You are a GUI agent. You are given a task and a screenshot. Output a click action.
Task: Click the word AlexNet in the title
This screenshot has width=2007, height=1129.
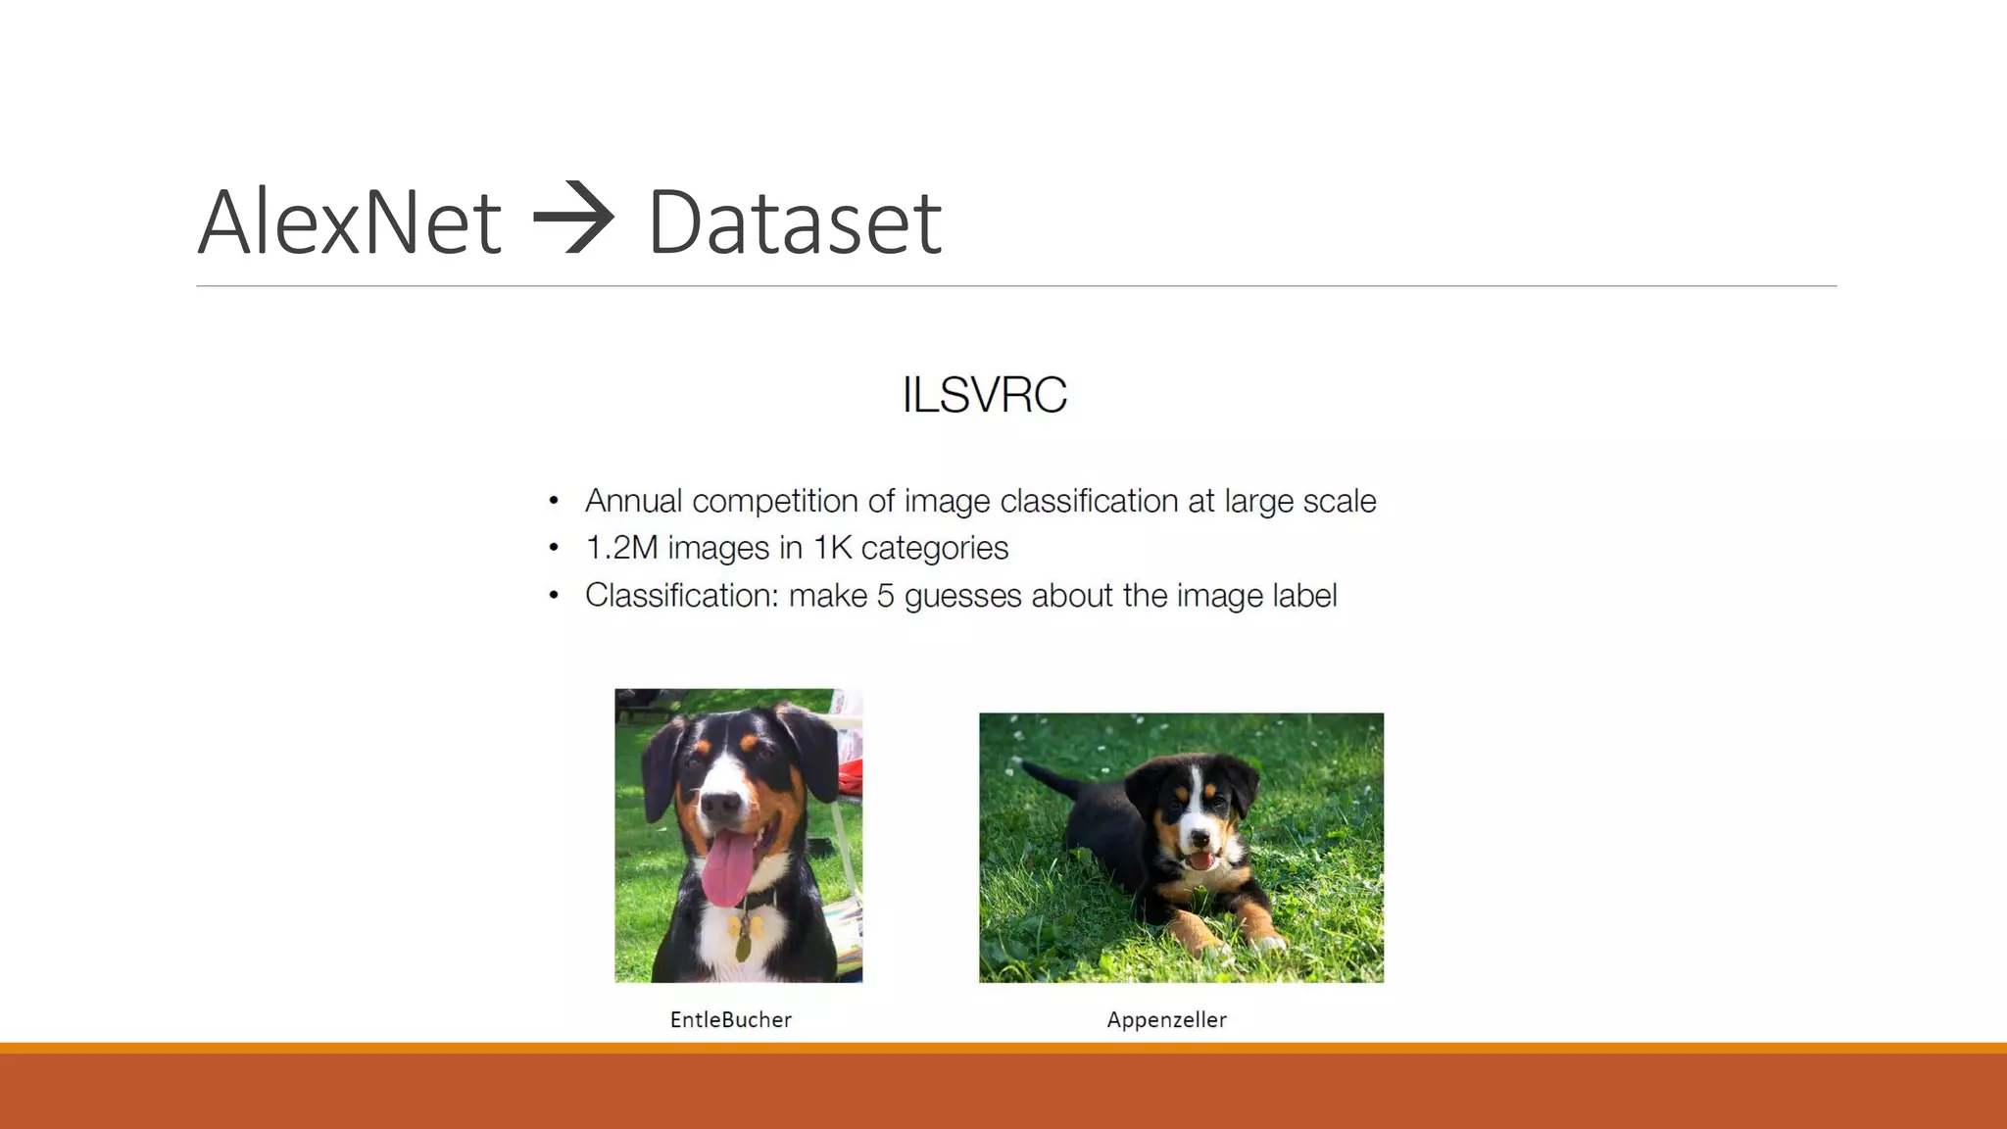click(350, 222)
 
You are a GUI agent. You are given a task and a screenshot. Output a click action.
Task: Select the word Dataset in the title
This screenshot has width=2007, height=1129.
click(794, 222)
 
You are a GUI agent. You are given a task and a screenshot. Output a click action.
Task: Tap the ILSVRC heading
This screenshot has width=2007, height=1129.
click(984, 395)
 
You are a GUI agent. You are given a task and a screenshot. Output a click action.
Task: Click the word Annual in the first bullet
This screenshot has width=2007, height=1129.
click(633, 501)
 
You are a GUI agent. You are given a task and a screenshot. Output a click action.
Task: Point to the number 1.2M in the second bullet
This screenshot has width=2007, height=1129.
click(621, 547)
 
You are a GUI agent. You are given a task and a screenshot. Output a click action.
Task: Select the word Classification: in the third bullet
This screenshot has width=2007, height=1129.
click(681, 595)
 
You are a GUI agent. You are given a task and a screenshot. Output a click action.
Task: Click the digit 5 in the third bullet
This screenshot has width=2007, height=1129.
click(885, 595)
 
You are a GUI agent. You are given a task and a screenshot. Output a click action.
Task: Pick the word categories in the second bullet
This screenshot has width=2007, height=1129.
click(934, 548)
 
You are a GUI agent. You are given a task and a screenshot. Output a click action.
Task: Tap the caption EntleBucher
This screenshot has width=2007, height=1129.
click(730, 1019)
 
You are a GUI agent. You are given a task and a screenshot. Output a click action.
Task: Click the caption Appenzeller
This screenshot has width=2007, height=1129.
click(1166, 1019)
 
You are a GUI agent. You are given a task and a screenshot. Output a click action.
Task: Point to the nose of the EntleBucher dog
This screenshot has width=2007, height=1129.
click(721, 804)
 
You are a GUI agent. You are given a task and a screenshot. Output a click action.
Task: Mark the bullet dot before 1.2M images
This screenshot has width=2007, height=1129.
click(554, 548)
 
